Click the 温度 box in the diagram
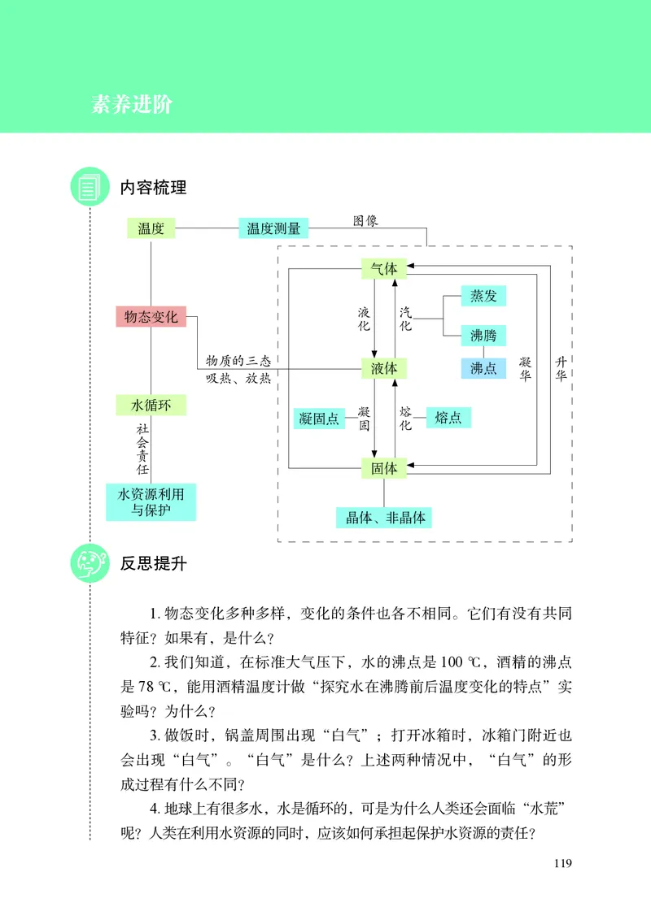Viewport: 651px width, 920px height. (151, 228)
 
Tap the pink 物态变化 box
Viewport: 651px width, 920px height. (151, 316)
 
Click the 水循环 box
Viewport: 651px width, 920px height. (151, 405)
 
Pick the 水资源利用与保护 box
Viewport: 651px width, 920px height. (151, 501)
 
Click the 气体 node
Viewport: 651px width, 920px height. (384, 268)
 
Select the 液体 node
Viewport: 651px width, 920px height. (384, 368)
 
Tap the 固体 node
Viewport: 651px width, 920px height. (384, 468)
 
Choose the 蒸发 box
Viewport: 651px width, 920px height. (483, 296)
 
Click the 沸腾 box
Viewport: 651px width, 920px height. (483, 335)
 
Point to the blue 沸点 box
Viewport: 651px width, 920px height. (483, 368)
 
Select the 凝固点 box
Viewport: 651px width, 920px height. (318, 419)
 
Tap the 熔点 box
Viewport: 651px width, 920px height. (448, 418)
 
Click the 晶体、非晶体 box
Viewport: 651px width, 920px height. (384, 517)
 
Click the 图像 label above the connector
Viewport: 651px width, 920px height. (365, 220)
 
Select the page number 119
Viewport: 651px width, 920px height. (561, 862)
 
